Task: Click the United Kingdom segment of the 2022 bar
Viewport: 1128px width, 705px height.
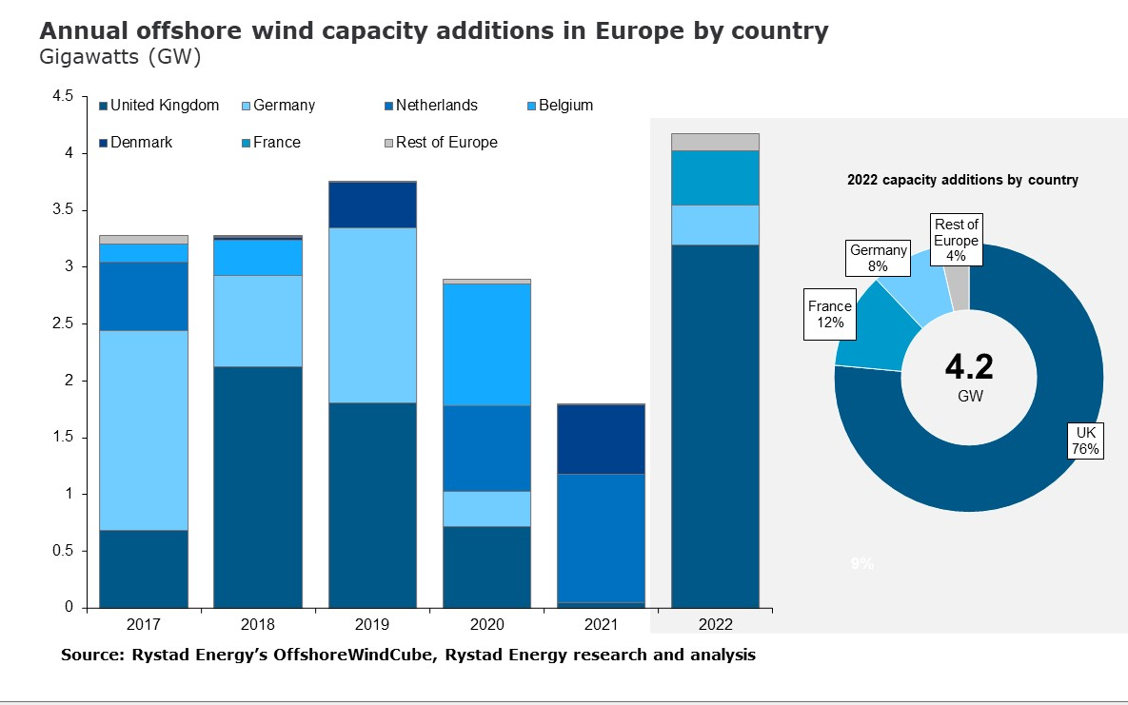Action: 715,425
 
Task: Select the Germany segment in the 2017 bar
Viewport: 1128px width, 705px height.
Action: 144,430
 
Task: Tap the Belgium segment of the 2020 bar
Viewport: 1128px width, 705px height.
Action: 486,344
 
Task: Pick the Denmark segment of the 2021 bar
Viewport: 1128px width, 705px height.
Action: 601,439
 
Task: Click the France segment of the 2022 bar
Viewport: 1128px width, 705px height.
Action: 715,178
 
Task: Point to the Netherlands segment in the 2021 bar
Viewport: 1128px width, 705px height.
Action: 601,538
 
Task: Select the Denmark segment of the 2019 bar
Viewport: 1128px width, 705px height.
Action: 372,205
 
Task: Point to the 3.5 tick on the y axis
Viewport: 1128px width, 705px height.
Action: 63,210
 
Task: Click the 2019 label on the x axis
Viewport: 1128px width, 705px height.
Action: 372,625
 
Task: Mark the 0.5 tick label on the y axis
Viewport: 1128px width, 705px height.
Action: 63,551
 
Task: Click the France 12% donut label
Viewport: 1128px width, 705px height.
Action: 830,314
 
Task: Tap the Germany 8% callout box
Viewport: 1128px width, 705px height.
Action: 878,259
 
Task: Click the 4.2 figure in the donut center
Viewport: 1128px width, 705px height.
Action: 969,365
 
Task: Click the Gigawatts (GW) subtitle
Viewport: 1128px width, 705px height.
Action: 120,57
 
